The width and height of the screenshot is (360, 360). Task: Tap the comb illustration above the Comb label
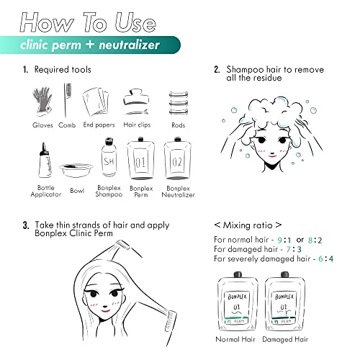tap(67, 100)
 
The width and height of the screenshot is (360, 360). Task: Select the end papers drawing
tap(96, 102)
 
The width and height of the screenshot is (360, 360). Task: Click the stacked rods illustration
tap(179, 103)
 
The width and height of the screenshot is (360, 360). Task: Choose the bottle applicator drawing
tap(45, 160)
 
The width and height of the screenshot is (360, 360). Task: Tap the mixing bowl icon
tap(76, 170)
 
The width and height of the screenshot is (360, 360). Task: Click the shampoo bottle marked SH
tap(109, 157)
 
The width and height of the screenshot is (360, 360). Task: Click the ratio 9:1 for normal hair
tap(284, 240)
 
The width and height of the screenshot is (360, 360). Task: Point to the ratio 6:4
tap(325, 258)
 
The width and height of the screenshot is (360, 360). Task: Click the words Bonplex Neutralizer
tap(178, 192)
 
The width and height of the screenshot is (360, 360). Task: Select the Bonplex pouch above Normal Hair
tap(238, 302)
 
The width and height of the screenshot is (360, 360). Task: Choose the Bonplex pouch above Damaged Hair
tap(284, 302)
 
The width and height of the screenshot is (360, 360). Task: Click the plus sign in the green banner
tap(90, 45)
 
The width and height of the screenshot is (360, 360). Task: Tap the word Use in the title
tap(135, 22)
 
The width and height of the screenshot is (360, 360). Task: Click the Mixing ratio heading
tap(248, 225)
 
